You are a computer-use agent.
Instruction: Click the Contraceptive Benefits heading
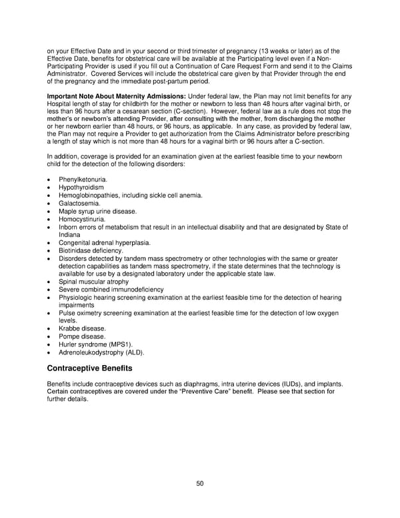[89, 368]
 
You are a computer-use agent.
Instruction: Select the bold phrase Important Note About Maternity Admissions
[116, 96]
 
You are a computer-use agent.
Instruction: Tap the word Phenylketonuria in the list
[83, 180]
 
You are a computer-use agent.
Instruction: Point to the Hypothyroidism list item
[81, 188]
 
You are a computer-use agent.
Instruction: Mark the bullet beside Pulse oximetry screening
[49, 313]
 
